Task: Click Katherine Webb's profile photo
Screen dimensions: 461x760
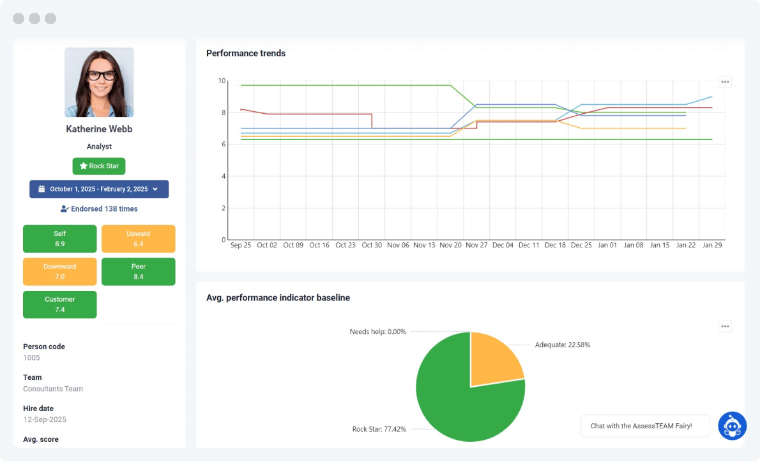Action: (99, 82)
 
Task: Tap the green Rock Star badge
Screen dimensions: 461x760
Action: (99, 166)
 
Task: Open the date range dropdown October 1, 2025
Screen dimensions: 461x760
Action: (99, 189)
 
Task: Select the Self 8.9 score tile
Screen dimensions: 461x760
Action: (60, 238)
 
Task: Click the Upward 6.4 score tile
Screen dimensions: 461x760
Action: (138, 238)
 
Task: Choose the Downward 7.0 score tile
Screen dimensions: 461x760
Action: (60, 272)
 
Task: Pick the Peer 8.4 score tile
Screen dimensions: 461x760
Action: (138, 272)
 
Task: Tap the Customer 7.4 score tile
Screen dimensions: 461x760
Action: (60, 304)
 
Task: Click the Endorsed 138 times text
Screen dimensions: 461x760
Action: (99, 209)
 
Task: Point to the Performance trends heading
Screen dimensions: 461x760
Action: (246, 54)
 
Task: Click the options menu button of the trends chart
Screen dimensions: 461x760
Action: (725, 82)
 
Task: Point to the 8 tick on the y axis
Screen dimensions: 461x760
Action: (222, 113)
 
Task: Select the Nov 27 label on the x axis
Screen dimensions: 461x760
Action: (476, 245)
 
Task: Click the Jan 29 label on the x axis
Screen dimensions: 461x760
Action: (712, 245)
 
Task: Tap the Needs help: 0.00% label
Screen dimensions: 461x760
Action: (377, 332)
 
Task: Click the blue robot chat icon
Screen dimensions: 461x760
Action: (732, 426)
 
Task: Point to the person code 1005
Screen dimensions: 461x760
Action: (31, 358)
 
